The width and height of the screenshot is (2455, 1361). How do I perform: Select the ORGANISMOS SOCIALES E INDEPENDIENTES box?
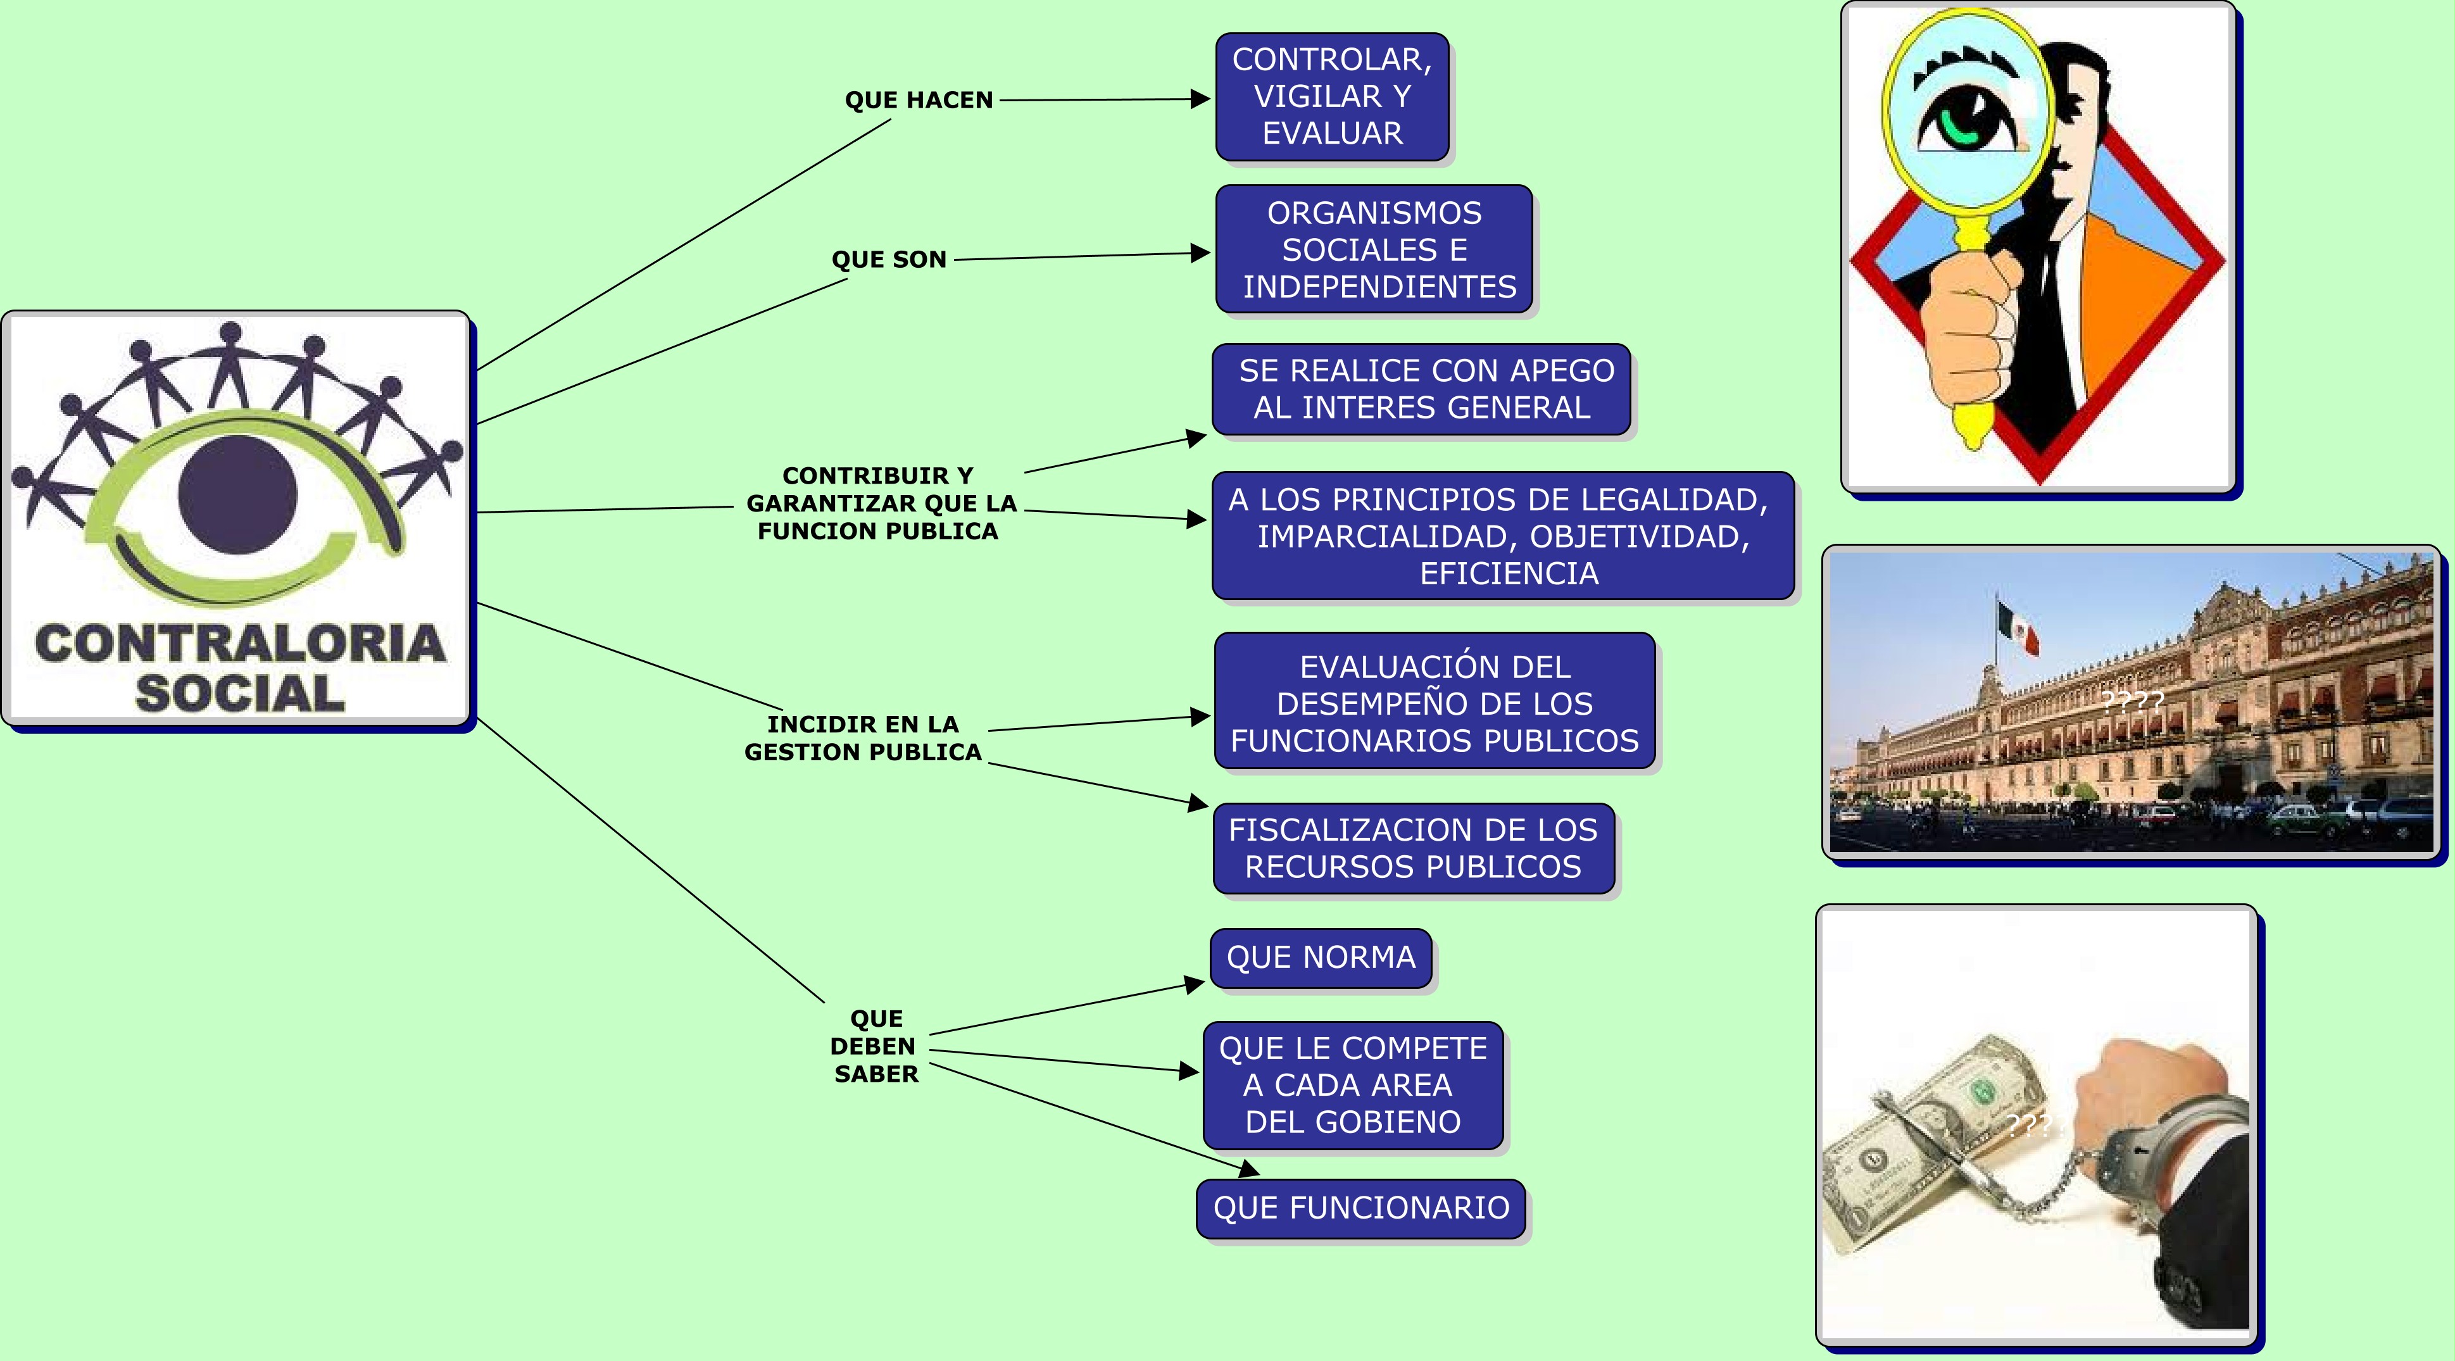point(1374,249)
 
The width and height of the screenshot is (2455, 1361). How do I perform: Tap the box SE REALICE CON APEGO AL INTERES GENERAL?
point(1421,389)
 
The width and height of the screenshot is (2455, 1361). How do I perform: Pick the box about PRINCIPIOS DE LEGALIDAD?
point(1503,536)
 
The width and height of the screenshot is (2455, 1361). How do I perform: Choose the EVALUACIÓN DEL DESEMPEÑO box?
point(1435,701)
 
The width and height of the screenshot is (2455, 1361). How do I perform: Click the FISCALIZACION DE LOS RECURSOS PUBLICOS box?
point(1414,848)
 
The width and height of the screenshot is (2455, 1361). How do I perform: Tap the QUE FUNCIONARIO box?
point(1361,1208)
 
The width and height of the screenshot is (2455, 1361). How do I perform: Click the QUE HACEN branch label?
point(919,100)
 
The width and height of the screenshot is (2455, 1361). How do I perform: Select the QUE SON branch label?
point(889,260)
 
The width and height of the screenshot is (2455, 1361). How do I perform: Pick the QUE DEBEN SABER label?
point(875,1046)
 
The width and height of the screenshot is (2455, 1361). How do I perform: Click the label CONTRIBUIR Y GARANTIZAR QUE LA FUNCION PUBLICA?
point(881,503)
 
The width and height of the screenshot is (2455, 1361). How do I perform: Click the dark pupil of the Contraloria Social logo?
point(237,494)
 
